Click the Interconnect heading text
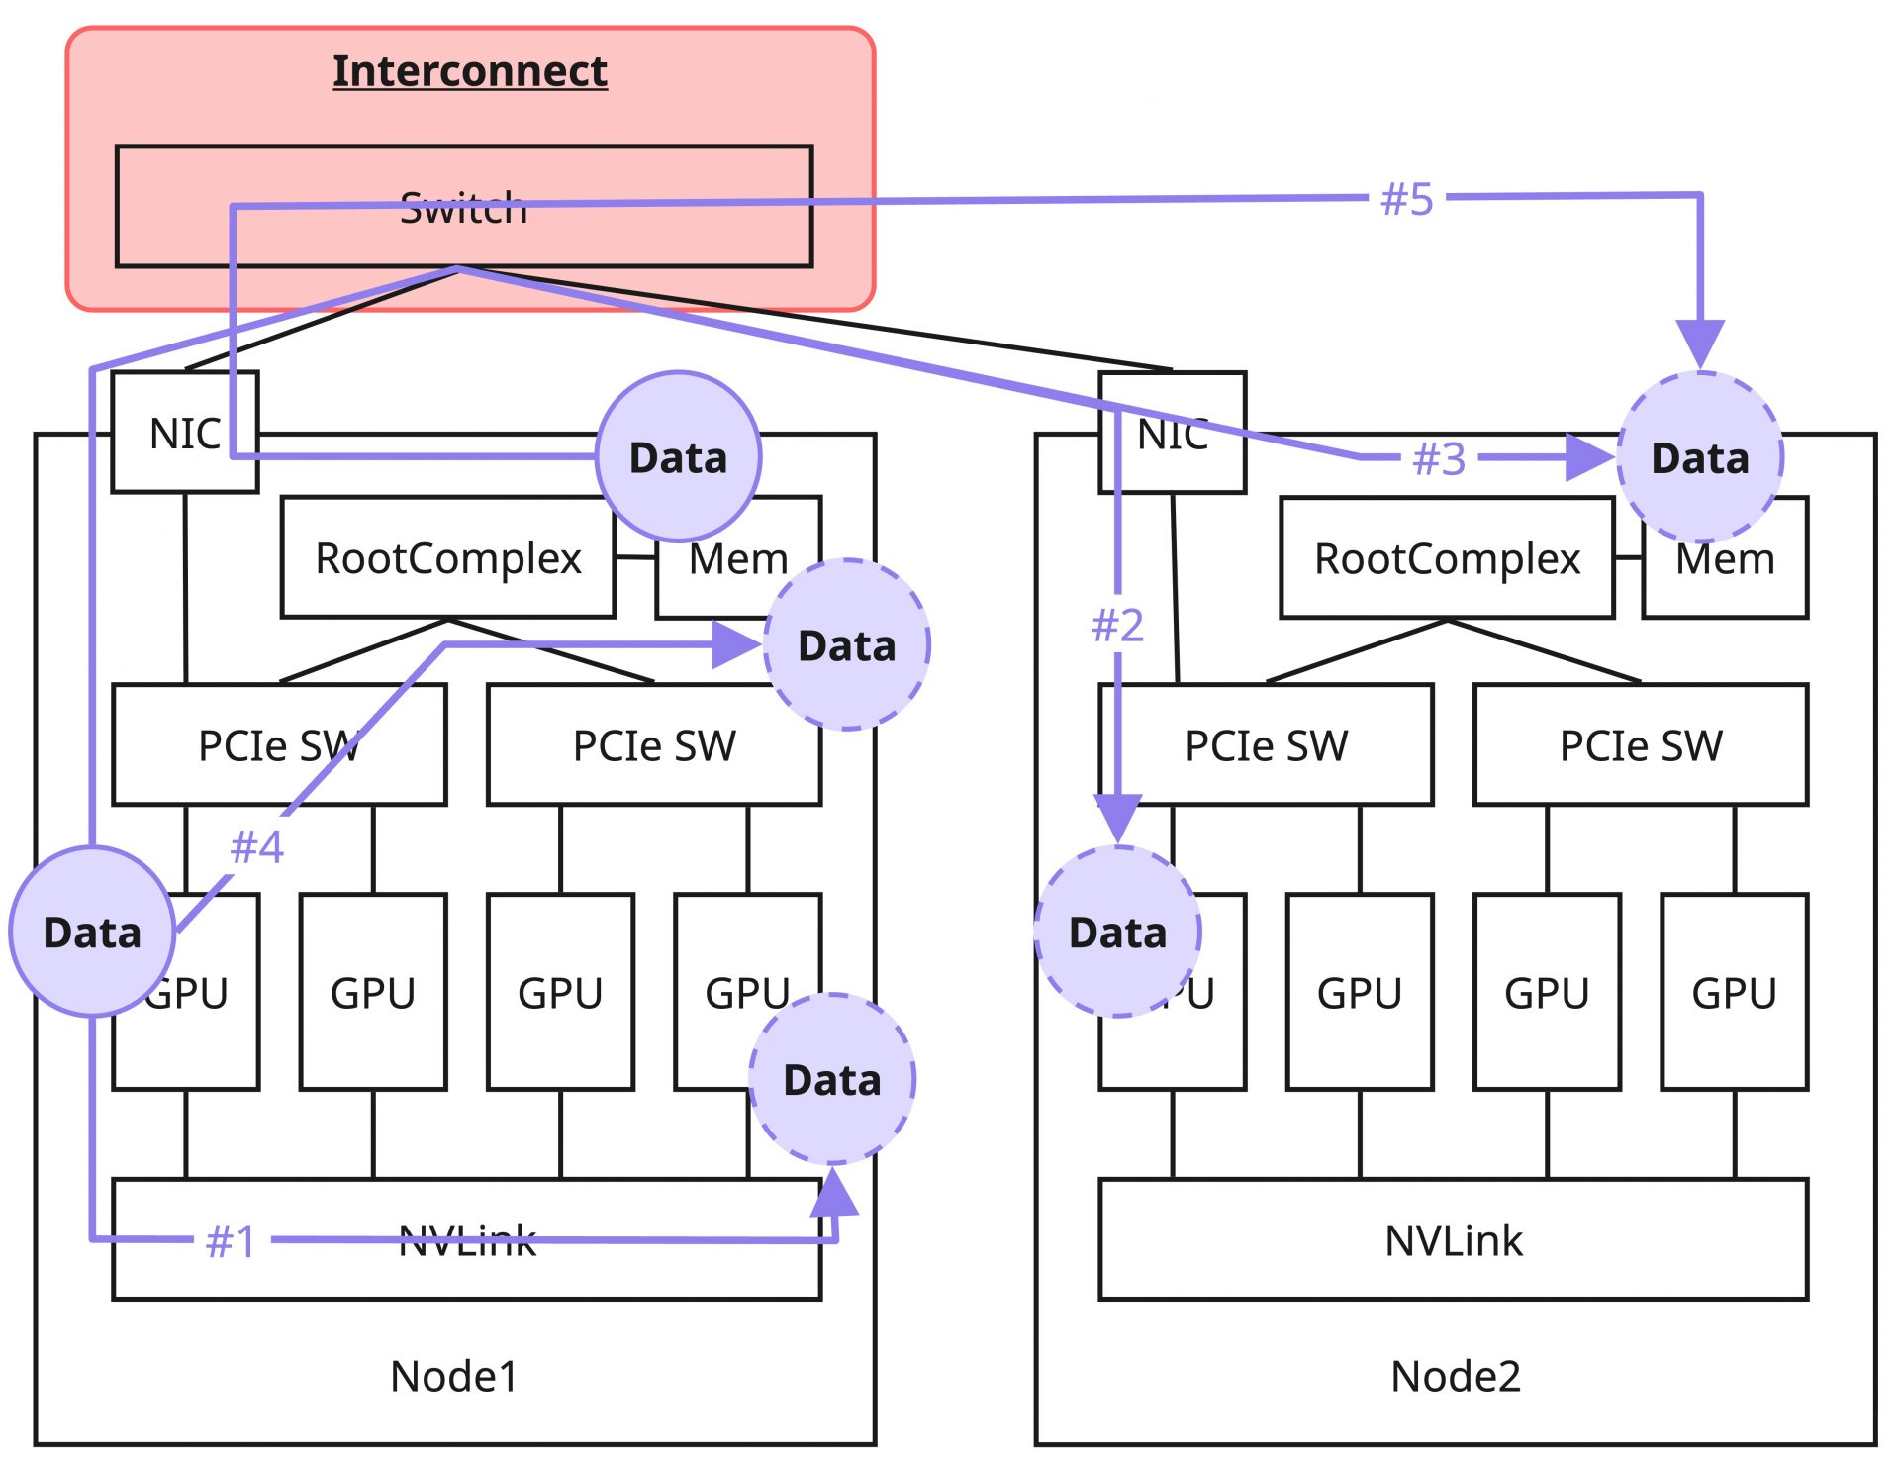469,71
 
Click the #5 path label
1406,199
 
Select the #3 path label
1439,459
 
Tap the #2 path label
1117,626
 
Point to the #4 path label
256,847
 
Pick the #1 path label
232,1241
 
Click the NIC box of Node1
185,433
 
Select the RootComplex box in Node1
447,558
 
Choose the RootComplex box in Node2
1446,558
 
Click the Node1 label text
454,1376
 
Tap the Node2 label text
1455,1376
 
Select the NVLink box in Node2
1453,1240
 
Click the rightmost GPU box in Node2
1734,993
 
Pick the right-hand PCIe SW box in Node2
1640,745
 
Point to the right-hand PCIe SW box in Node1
654,745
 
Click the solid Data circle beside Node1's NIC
679,457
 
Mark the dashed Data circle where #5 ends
1700,457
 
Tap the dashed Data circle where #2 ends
1118,933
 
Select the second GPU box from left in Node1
373,993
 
